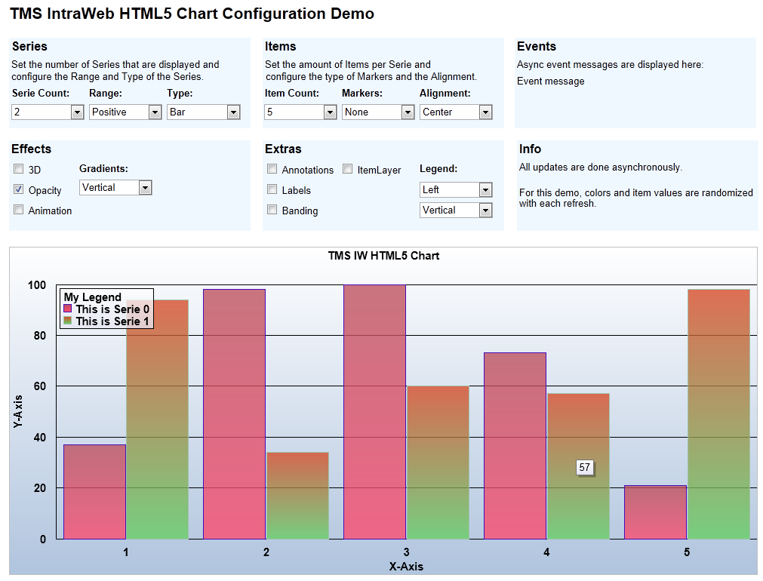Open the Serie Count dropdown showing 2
point(48,112)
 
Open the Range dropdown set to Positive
point(125,112)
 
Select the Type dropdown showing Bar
point(203,112)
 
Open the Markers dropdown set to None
point(378,112)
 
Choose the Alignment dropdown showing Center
point(456,112)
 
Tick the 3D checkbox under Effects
point(19,170)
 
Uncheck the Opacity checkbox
point(19,189)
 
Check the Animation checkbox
point(19,210)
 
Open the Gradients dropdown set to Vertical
point(115,187)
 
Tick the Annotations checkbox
point(272,170)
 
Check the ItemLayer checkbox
point(348,170)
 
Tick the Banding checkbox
point(272,211)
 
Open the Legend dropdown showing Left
point(456,189)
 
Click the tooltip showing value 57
point(584,468)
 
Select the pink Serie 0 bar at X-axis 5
point(655,512)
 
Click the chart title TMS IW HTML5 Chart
point(383,256)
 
